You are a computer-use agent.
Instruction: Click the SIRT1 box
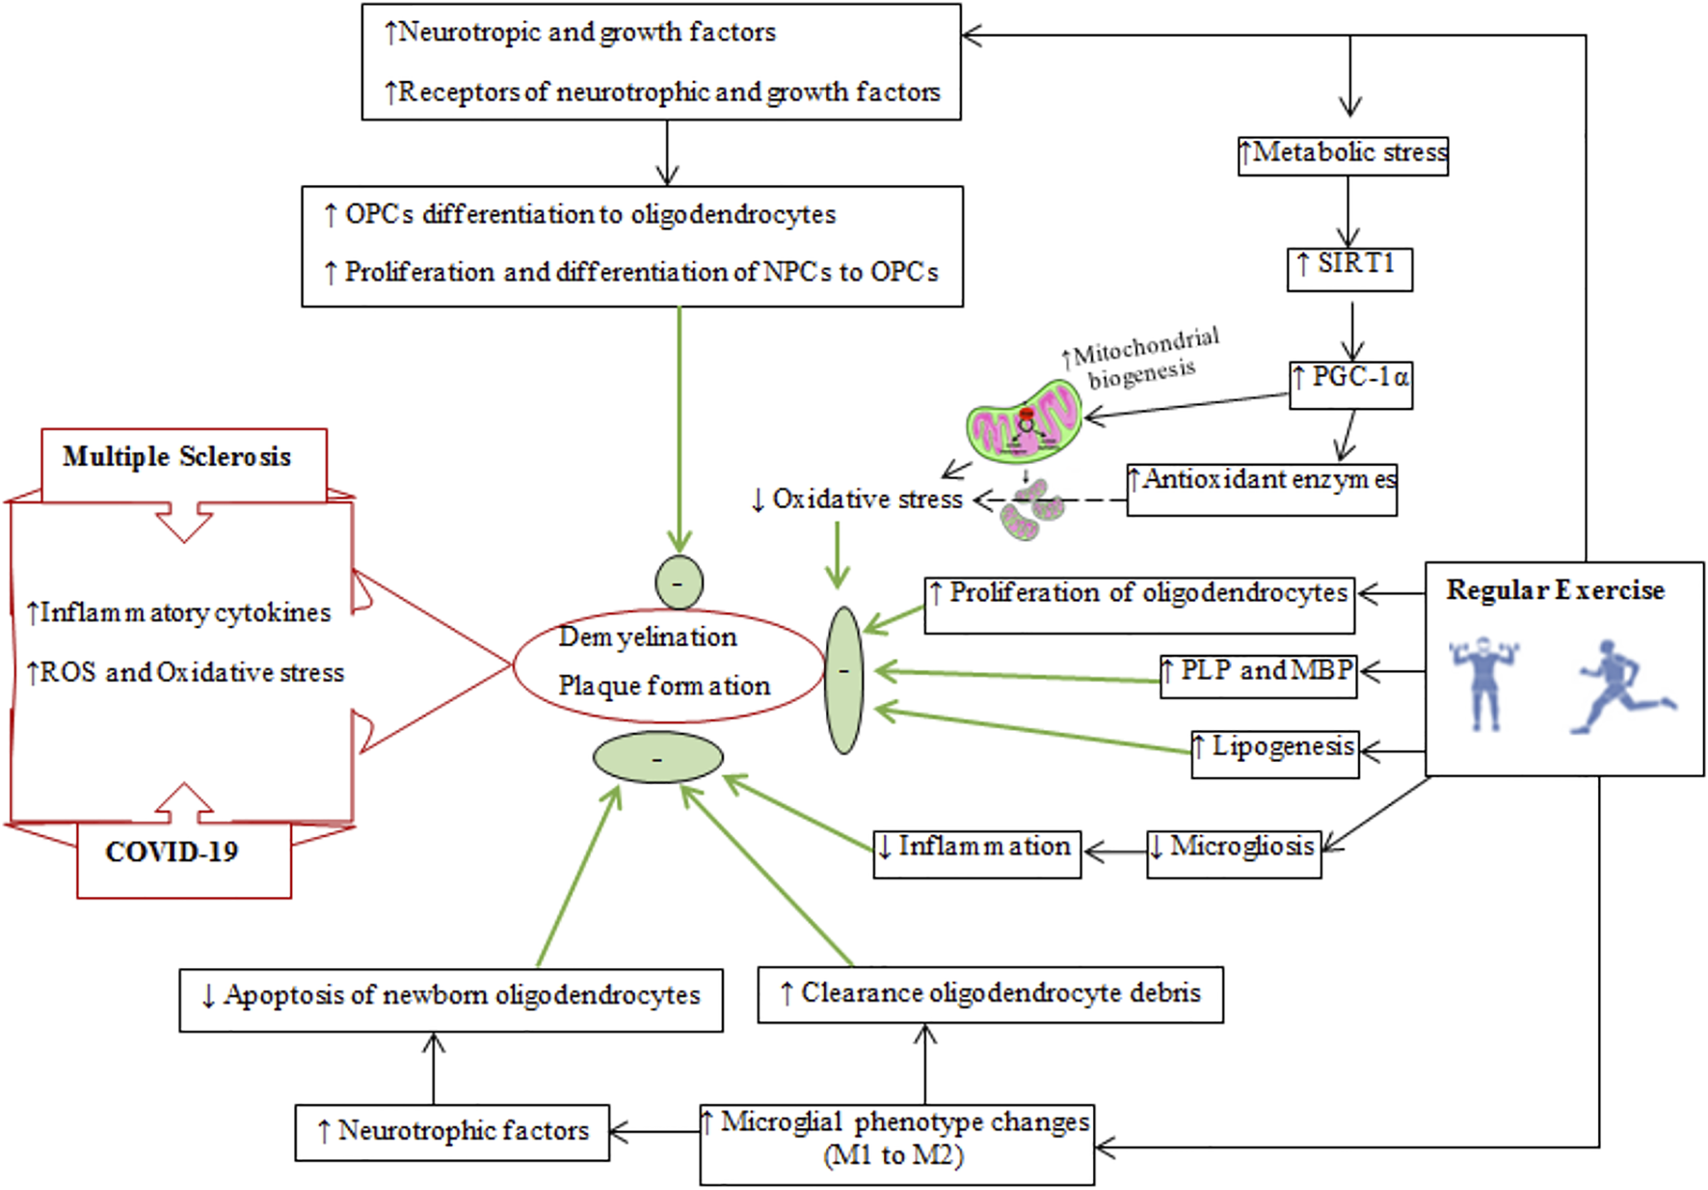pos(1349,268)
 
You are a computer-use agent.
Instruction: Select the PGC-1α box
pos(1350,384)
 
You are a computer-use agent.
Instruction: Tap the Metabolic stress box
pos(1343,155)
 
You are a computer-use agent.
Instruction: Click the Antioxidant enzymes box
pos(1262,489)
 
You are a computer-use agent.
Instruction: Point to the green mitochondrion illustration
pos(1025,421)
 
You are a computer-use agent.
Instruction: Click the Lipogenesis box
pos(1274,752)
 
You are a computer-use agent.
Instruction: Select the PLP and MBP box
pos(1258,675)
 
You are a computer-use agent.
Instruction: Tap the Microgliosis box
pos(1233,852)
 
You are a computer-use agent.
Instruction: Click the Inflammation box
pos(976,853)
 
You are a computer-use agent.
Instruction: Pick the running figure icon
pos(1623,686)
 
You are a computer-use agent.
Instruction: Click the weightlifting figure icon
pos(1484,682)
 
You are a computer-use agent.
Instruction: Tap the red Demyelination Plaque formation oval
pos(668,665)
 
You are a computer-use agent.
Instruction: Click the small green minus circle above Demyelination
pos(679,582)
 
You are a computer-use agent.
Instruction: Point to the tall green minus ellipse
pos(843,680)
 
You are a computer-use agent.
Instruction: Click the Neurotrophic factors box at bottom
pos(452,1132)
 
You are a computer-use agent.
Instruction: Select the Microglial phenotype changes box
pos(896,1144)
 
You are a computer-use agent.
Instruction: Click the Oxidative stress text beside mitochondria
pos(857,500)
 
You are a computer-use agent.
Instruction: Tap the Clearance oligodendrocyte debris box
pos(990,994)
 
